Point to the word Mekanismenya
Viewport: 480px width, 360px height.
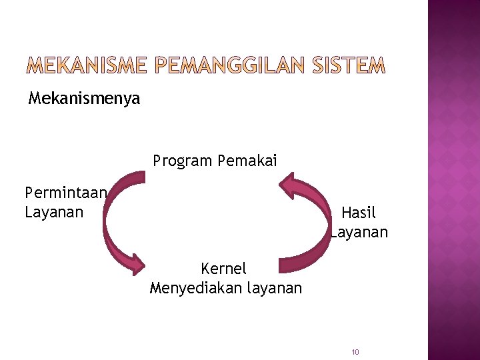(x=84, y=99)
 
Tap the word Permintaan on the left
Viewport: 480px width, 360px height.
(x=65, y=193)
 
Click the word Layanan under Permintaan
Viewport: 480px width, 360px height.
(x=54, y=213)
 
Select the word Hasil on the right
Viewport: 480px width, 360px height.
(x=359, y=213)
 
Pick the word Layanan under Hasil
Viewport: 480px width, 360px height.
(x=360, y=232)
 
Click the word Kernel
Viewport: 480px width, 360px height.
(x=223, y=269)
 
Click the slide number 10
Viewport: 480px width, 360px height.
(x=355, y=352)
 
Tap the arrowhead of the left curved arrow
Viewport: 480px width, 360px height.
(x=137, y=263)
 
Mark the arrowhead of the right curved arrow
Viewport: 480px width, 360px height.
(x=288, y=184)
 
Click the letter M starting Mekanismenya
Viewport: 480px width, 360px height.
(x=35, y=99)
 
